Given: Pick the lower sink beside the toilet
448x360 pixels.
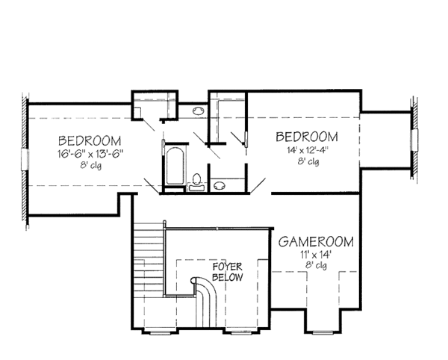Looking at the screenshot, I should [x=218, y=185].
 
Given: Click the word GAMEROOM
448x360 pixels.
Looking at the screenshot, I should [x=317, y=242].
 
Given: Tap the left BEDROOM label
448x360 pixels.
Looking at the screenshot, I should [x=89, y=140].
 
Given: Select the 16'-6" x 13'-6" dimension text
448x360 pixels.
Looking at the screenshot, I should [x=90, y=154].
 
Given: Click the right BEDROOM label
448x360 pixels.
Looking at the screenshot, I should [x=306, y=137].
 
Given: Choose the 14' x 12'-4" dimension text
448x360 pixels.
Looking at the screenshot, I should [x=306, y=149].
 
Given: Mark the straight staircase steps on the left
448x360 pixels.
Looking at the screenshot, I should [x=149, y=258].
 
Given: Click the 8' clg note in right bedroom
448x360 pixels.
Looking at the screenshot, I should [x=307, y=161].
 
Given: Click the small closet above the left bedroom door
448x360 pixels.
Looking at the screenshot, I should [x=148, y=106].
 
